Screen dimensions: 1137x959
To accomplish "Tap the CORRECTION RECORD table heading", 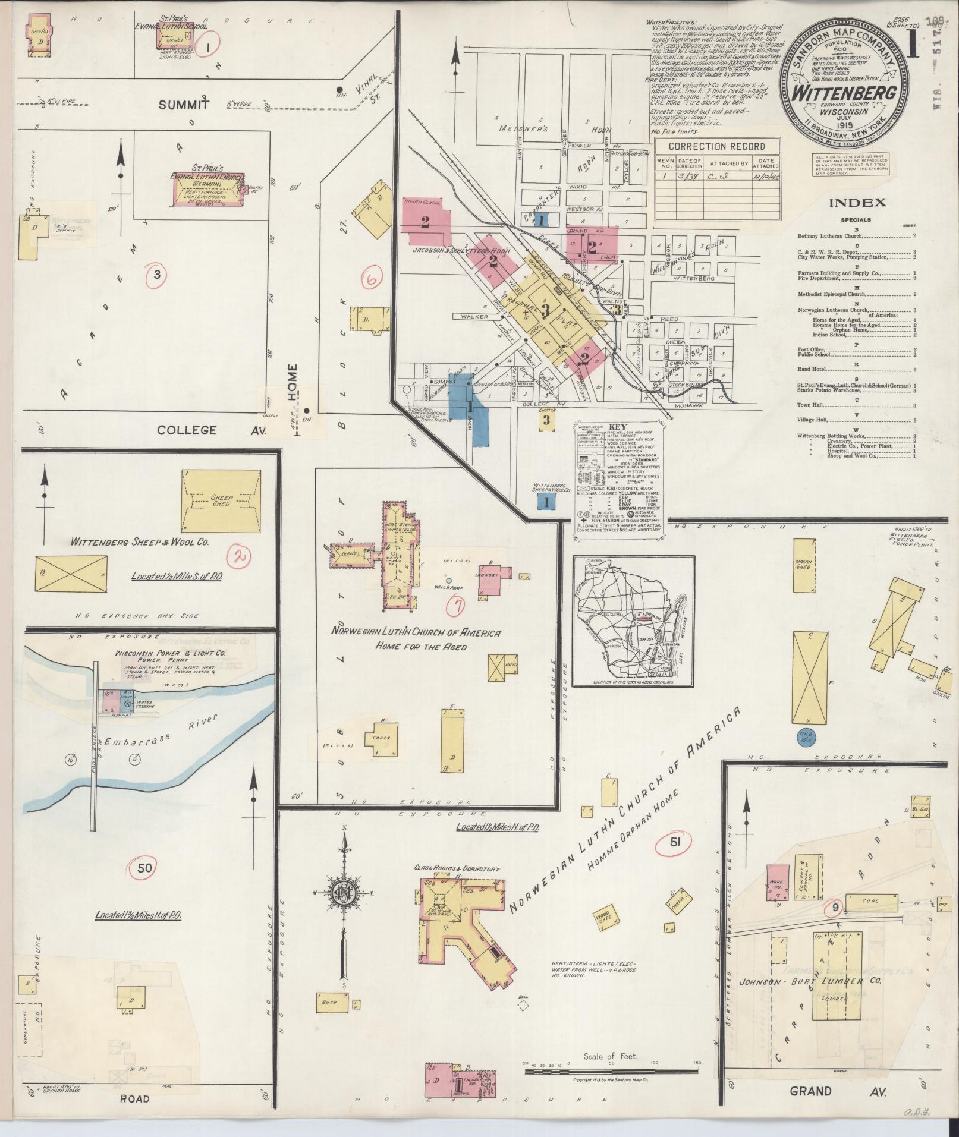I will pyautogui.click(x=716, y=146).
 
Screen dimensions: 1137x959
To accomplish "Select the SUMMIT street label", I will pyautogui.click(x=184, y=105).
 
